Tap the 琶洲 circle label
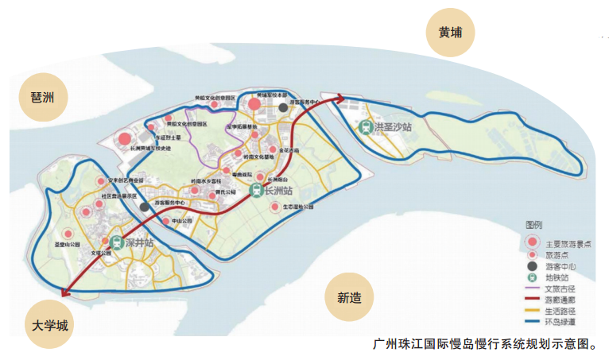pyautogui.click(x=43, y=98)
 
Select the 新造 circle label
pyautogui.click(x=349, y=298)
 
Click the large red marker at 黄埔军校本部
pyautogui.click(x=254, y=104)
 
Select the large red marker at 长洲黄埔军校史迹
pyautogui.click(x=124, y=141)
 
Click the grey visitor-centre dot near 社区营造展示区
pyautogui.click(x=144, y=207)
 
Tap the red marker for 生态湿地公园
pyautogui.click(x=275, y=207)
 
